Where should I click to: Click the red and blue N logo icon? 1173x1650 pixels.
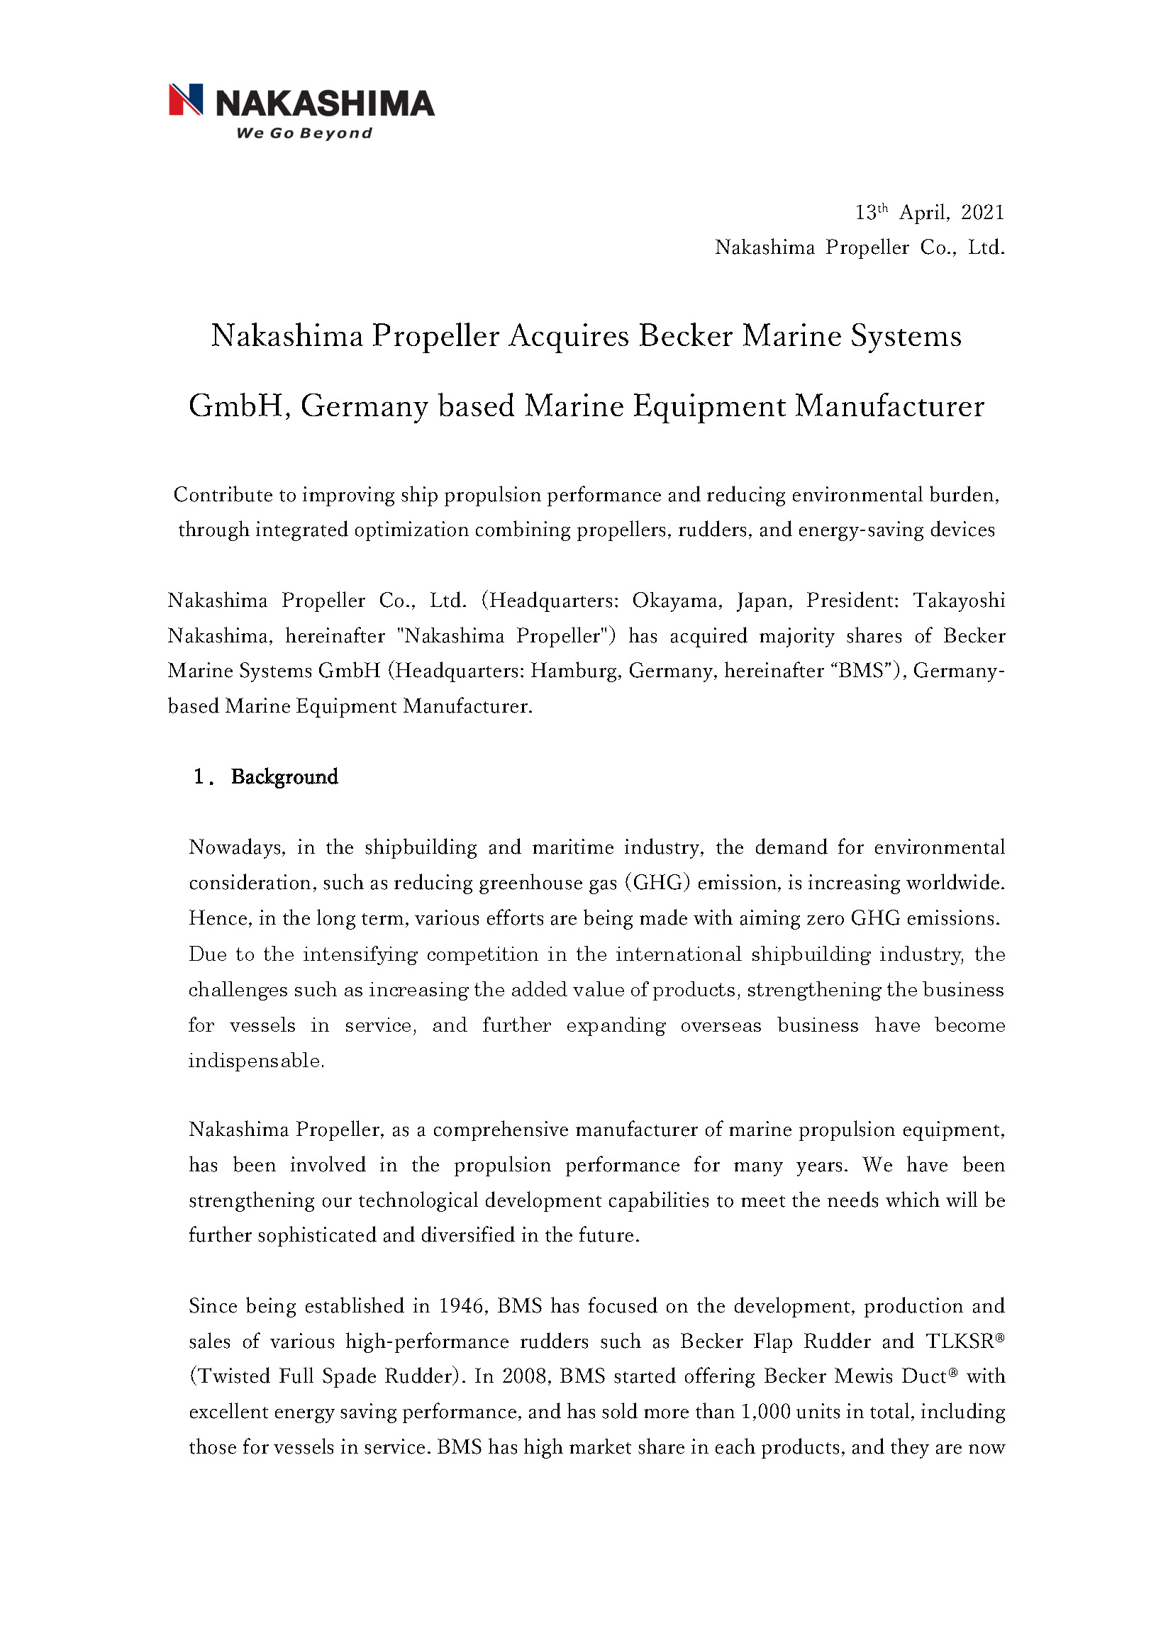[186, 100]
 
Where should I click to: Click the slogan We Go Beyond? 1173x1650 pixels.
[304, 133]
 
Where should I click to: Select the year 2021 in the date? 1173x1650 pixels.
[982, 212]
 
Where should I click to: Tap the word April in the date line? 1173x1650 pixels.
[924, 212]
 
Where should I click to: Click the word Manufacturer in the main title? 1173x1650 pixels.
[889, 406]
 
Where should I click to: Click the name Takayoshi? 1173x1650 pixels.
[959, 601]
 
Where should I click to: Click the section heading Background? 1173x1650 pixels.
[284, 777]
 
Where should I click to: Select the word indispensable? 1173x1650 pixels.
[256, 1061]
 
